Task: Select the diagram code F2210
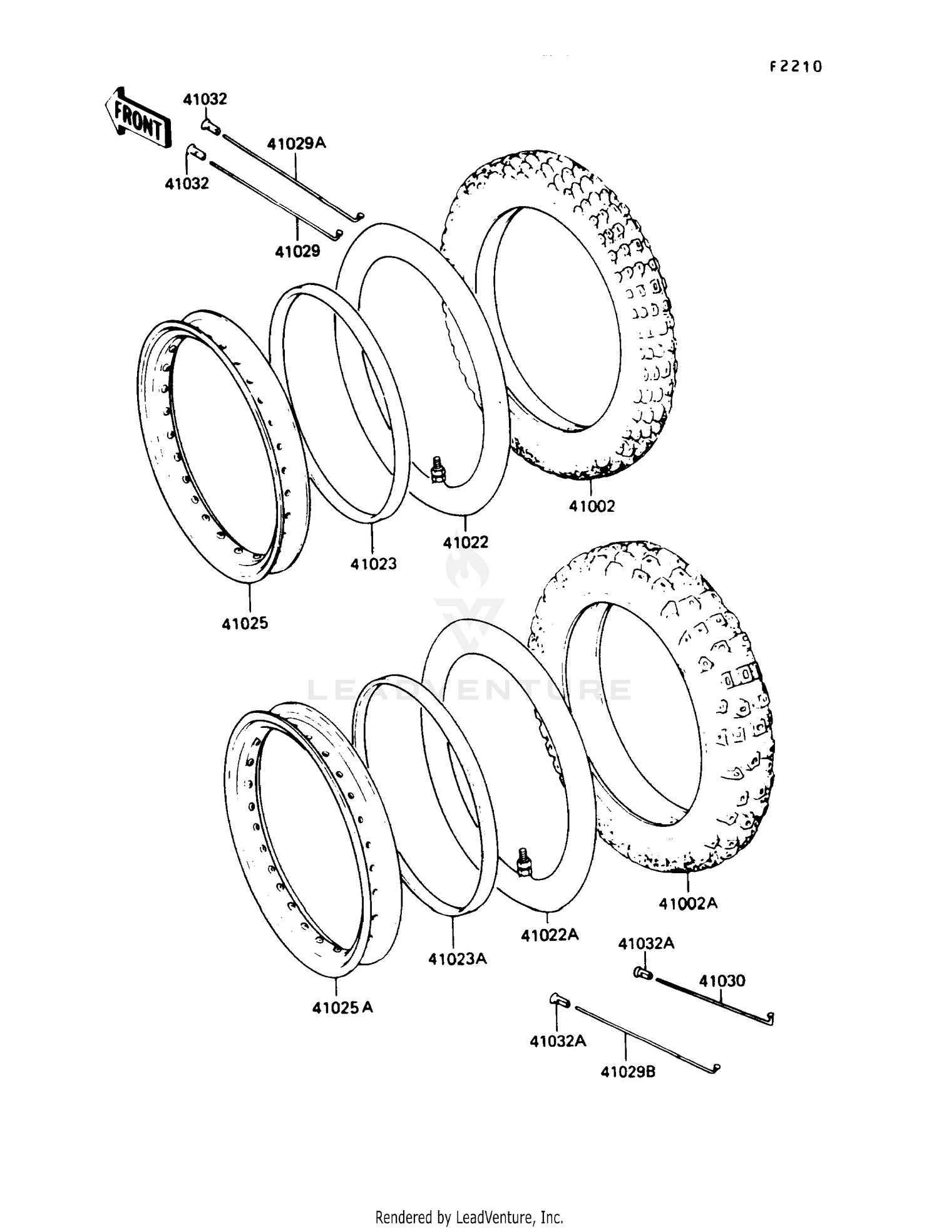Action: pyautogui.click(x=795, y=67)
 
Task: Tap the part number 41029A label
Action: pyautogui.click(x=297, y=143)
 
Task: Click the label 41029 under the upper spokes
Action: pyautogui.click(x=297, y=251)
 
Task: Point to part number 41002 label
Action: pyautogui.click(x=592, y=506)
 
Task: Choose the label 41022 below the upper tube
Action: pyautogui.click(x=466, y=542)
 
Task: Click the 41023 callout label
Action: pyautogui.click(x=373, y=564)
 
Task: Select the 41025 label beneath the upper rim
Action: pyautogui.click(x=245, y=623)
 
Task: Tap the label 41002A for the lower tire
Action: pyautogui.click(x=688, y=903)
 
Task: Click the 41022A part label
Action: pyautogui.click(x=550, y=935)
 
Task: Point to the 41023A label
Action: pyautogui.click(x=458, y=959)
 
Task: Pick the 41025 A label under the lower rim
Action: pyautogui.click(x=342, y=1007)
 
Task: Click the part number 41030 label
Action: pyautogui.click(x=722, y=981)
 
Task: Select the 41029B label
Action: pyautogui.click(x=628, y=1072)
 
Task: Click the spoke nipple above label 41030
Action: pyautogui.click(x=642, y=973)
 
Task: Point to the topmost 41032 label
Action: pyautogui.click(x=205, y=99)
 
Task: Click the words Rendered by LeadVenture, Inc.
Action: pyautogui.click(x=469, y=1217)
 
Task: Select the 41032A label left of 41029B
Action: pyautogui.click(x=558, y=1041)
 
